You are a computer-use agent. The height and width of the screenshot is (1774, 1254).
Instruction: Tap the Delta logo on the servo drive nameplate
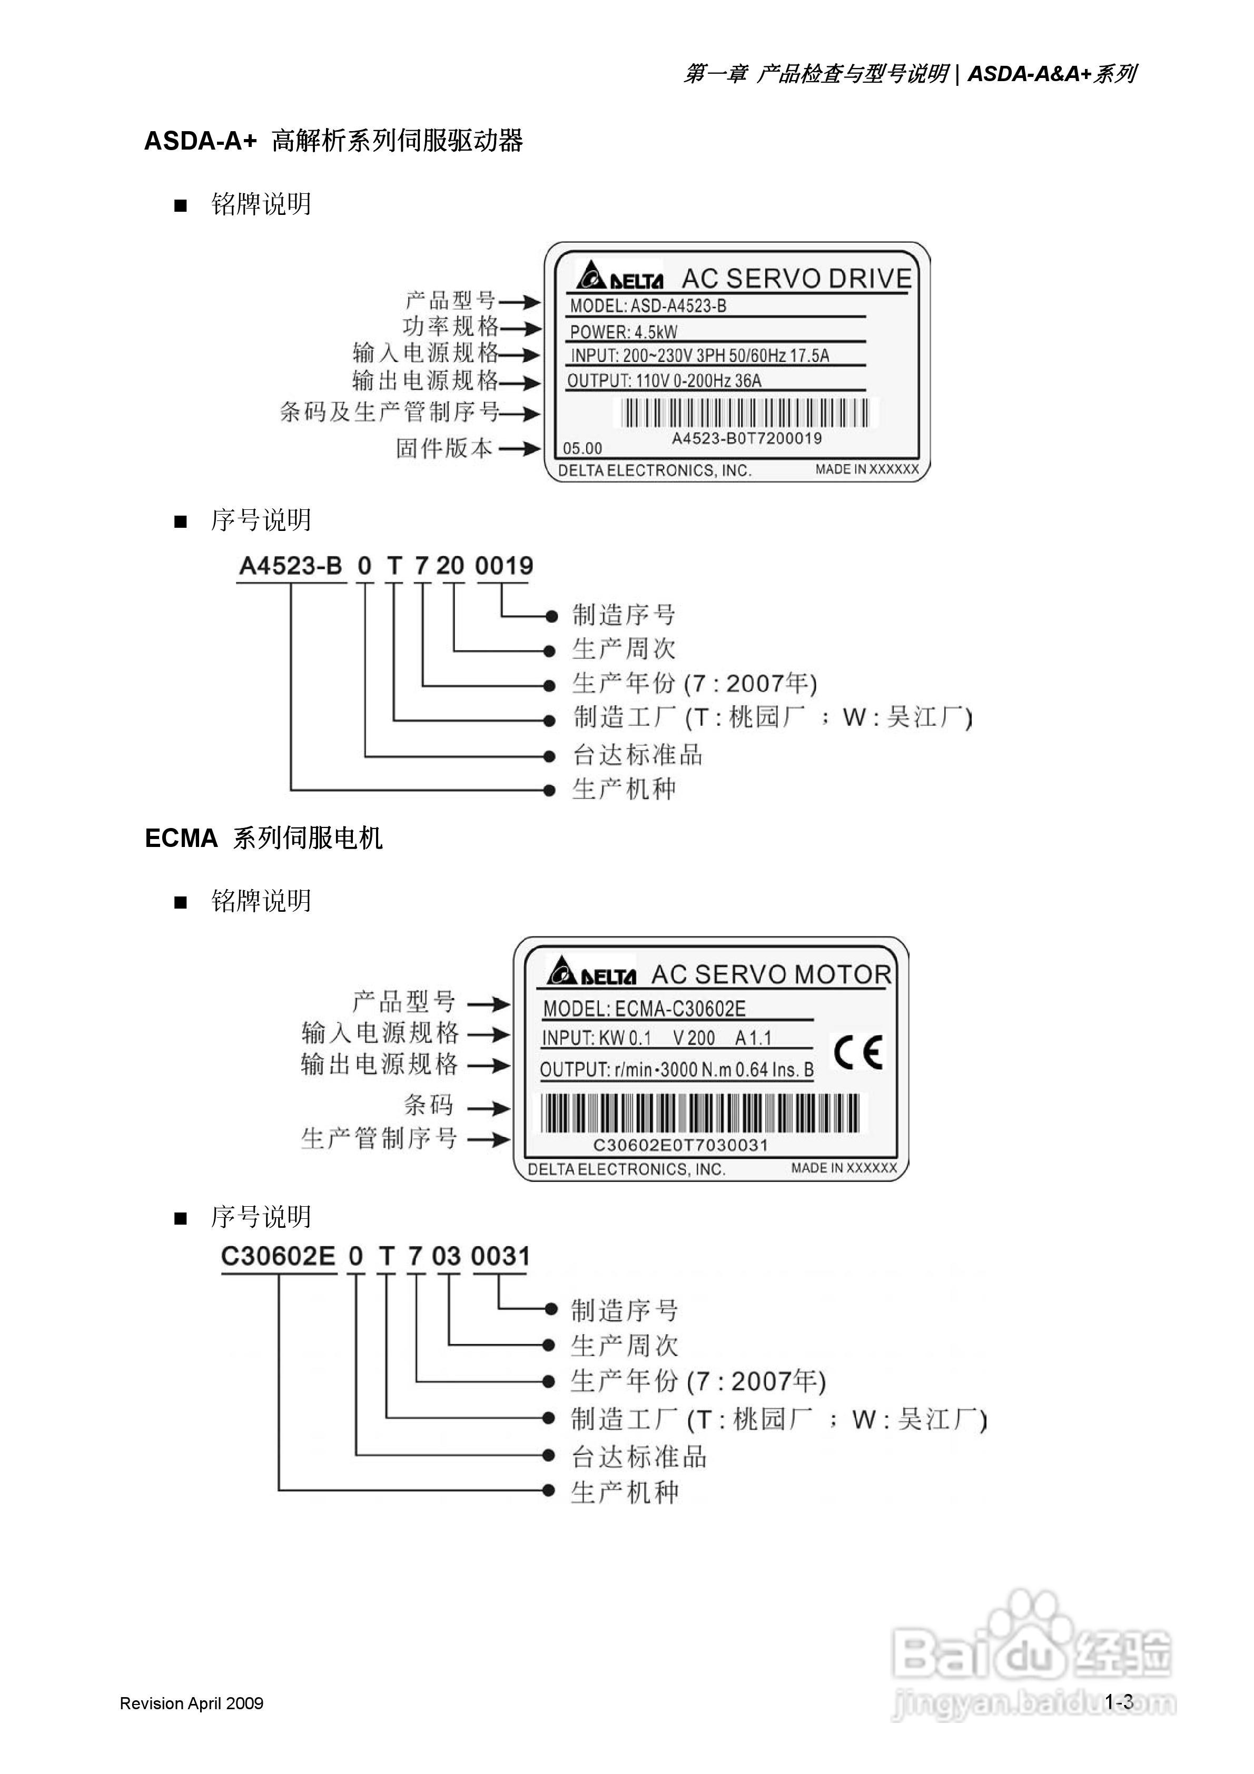[619, 276]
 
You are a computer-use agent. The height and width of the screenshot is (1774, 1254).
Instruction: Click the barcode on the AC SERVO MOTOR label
[699, 1113]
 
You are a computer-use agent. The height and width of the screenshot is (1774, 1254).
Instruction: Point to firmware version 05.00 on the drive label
[582, 448]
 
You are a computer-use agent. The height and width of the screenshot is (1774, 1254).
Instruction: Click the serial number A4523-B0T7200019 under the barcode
[746, 439]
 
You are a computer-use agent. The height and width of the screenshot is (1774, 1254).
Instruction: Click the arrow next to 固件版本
[519, 448]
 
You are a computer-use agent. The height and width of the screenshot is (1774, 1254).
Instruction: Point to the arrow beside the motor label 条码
[488, 1108]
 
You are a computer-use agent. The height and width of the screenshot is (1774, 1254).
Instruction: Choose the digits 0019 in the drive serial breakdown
[504, 566]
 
